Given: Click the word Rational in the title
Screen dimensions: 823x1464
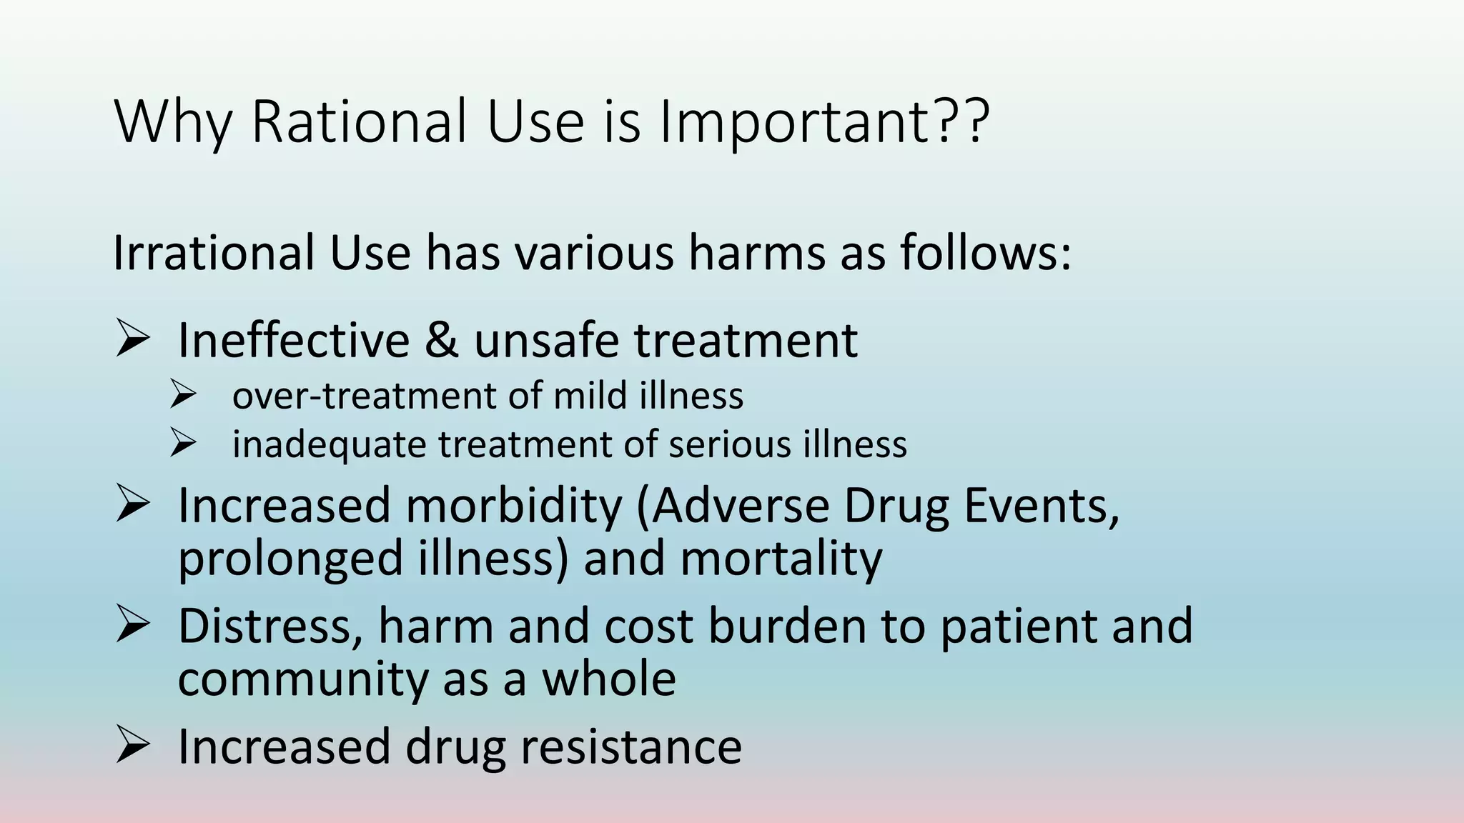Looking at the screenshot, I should point(360,121).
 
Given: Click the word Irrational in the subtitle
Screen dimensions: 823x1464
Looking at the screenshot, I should point(213,253).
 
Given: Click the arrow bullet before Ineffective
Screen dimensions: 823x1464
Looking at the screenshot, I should point(132,339).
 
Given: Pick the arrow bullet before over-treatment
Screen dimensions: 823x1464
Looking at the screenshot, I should point(183,395).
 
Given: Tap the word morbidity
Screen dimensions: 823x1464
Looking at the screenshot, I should point(514,506).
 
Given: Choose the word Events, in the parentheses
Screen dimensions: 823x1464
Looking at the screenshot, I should point(1041,506).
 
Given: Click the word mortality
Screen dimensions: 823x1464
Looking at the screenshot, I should point(781,559).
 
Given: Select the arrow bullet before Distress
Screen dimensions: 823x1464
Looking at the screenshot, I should point(132,624).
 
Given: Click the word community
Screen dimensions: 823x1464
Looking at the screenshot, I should point(302,679).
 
